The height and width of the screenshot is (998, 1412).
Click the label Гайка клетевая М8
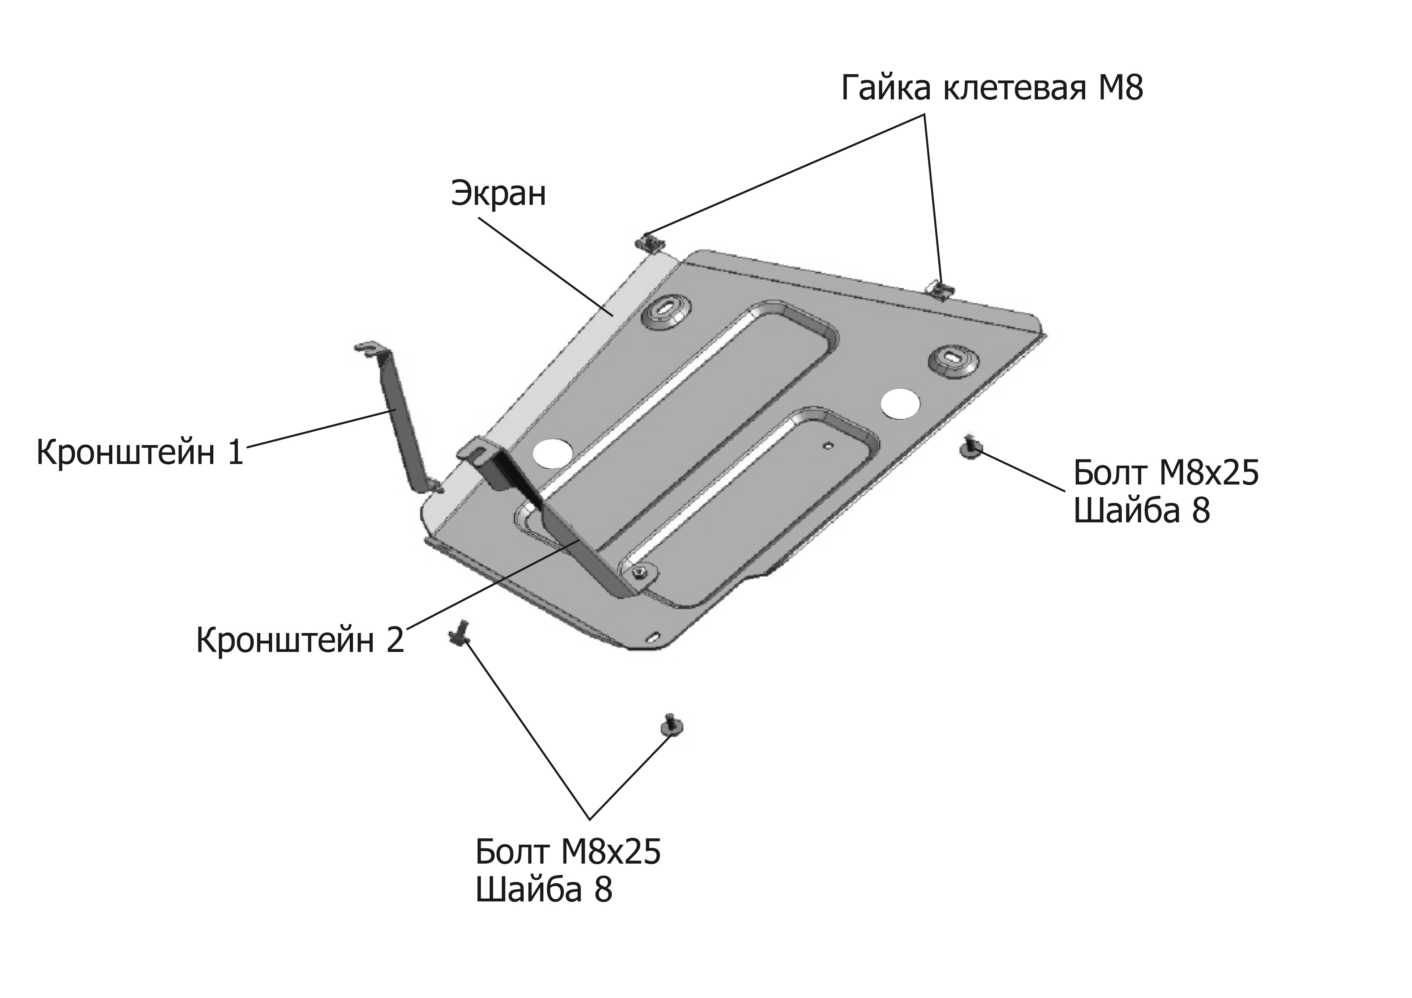point(992,89)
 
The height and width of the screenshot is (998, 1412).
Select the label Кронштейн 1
point(140,453)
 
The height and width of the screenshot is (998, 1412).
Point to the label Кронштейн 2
point(300,640)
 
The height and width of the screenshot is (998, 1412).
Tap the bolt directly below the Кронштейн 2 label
point(459,634)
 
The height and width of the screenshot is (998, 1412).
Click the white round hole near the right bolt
point(900,404)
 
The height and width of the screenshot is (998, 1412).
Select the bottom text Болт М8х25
point(568,852)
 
